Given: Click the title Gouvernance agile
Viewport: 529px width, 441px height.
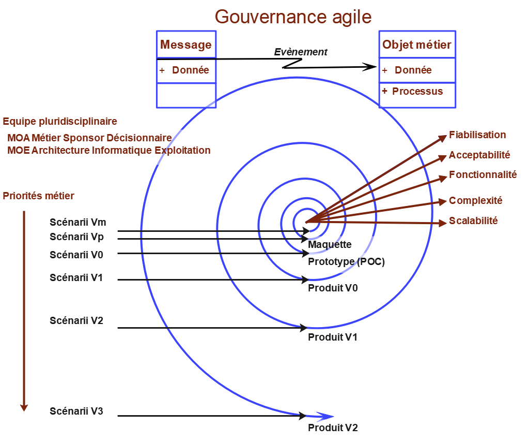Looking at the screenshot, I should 293,17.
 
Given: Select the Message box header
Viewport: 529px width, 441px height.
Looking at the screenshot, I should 186,45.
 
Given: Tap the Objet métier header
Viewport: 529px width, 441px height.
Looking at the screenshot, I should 416,45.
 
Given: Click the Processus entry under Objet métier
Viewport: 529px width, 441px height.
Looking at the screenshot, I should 417,91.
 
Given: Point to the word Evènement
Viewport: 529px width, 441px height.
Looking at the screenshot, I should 301,52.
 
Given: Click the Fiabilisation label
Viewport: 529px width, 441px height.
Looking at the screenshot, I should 477,135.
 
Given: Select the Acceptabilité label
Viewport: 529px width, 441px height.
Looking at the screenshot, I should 479,155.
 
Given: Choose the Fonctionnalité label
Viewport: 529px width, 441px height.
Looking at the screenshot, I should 483,174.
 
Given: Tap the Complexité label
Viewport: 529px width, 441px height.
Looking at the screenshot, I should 475,200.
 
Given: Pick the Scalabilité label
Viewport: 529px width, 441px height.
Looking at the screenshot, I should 473,220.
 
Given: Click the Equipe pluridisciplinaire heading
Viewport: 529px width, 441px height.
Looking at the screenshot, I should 60,122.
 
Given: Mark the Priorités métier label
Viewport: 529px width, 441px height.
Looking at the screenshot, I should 39,196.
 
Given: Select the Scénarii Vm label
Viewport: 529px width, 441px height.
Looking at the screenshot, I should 78,222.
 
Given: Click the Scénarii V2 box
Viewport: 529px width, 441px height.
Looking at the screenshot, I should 82,321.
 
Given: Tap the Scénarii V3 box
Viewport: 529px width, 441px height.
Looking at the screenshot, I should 82,412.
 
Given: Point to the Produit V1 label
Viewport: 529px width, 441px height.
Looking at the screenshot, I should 333,337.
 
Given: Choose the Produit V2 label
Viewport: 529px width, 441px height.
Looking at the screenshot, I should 333,428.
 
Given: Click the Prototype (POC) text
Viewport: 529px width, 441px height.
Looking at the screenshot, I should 346,261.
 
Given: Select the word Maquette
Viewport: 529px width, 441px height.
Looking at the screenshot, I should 330,244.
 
